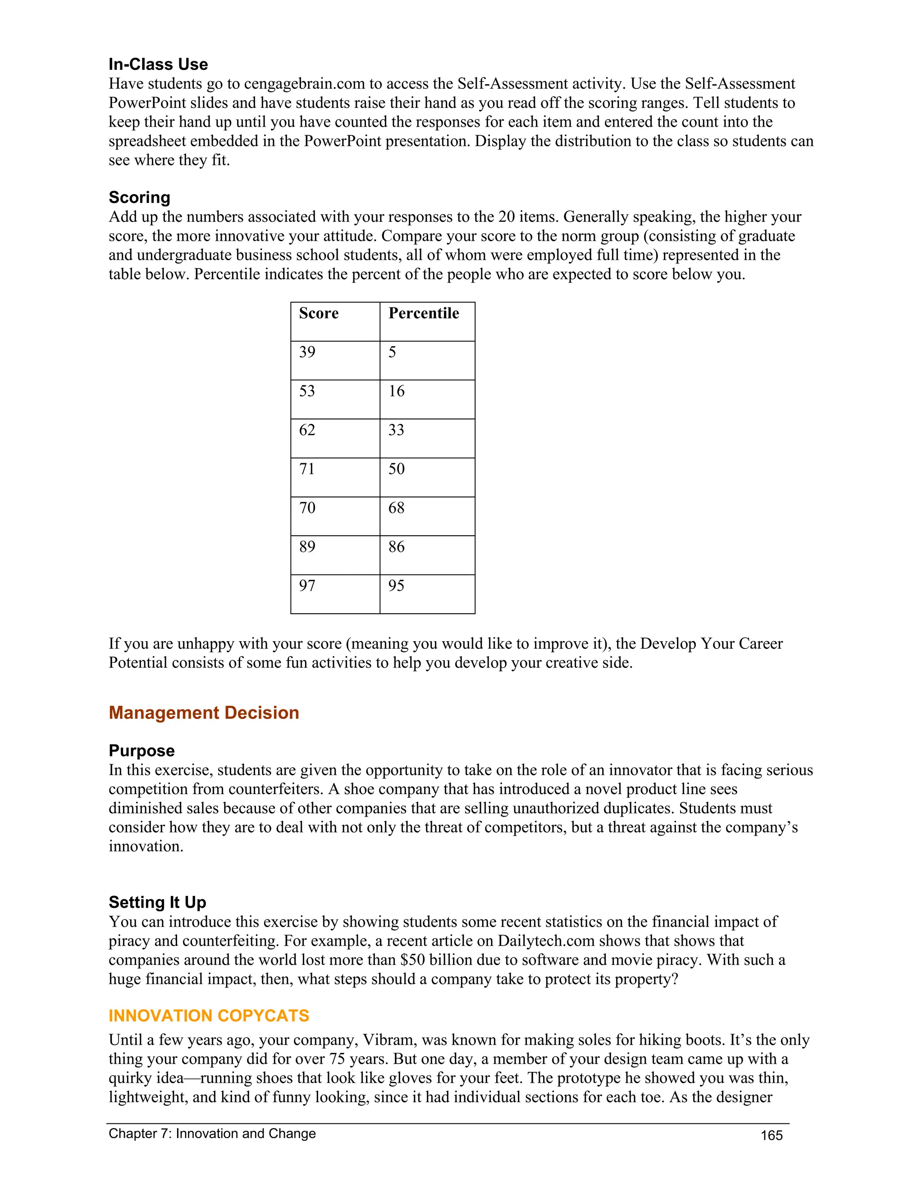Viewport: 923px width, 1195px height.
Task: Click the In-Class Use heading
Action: tap(158, 64)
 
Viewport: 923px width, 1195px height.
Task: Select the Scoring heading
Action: tap(139, 198)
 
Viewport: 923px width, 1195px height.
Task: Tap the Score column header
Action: tap(318, 313)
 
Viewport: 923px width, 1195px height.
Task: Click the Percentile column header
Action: tap(423, 313)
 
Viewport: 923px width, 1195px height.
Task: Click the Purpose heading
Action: tap(142, 751)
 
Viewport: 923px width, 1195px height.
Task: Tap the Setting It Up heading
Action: tap(157, 902)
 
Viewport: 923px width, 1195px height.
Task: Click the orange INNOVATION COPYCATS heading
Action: tap(209, 1016)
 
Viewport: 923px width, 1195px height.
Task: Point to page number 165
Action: tap(772, 1136)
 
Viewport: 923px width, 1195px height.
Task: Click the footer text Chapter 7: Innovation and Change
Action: tap(212, 1134)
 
